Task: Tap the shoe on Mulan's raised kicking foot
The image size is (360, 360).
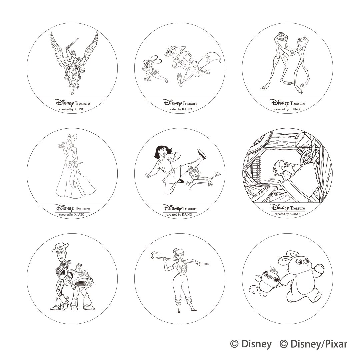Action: (x=202, y=154)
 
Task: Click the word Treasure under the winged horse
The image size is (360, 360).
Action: (x=82, y=103)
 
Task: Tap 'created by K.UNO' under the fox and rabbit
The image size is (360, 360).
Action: (x=180, y=109)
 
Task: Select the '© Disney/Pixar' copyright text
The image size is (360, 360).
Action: (x=313, y=344)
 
